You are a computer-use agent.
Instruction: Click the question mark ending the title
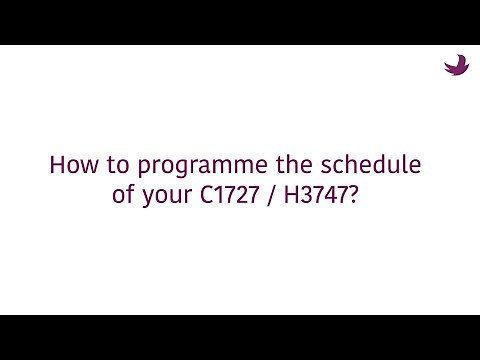362,193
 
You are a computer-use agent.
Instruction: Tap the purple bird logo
456,65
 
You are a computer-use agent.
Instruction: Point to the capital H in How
57,165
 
